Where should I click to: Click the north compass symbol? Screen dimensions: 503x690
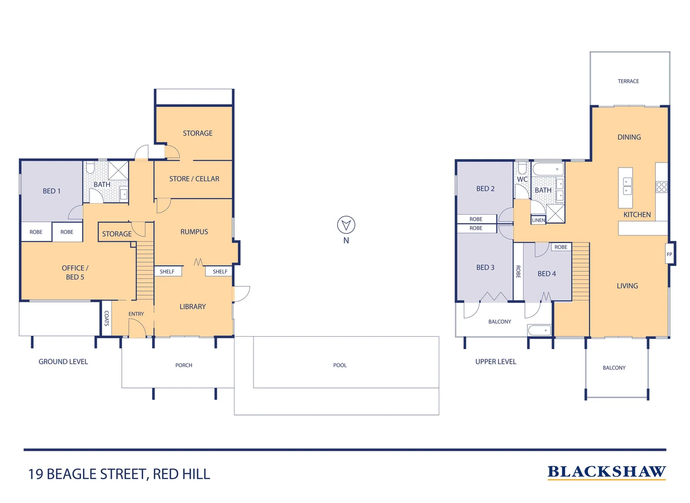346,225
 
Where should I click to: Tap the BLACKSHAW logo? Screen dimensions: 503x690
606,472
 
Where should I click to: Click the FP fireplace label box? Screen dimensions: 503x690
669,254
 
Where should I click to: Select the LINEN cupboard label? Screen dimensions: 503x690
538,220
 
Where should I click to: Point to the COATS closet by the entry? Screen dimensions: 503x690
106,318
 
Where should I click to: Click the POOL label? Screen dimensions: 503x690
340,365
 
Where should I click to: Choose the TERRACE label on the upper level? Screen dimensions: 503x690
628,81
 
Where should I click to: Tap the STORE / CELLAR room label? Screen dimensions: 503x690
194,179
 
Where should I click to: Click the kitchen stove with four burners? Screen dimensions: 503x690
662,187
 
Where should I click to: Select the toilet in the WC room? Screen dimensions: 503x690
522,168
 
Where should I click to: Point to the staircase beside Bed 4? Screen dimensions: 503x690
580,272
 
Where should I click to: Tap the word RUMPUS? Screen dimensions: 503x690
194,231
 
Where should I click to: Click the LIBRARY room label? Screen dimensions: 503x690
193,306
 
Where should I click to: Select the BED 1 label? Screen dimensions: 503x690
51,191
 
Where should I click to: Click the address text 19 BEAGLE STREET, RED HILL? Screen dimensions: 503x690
119,474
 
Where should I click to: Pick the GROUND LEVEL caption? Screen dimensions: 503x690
63,361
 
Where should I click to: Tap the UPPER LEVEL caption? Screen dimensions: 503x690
496,361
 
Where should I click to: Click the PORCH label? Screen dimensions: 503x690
184,365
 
